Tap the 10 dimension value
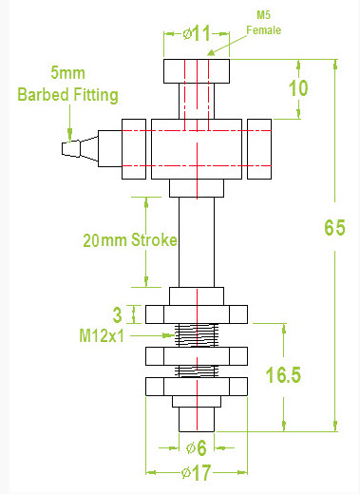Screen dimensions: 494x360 pyautogui.click(x=298, y=88)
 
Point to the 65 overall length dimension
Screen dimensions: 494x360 pyautogui.click(x=334, y=228)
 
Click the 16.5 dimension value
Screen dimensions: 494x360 pyautogui.click(x=283, y=375)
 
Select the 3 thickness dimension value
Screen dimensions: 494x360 pyautogui.click(x=117, y=314)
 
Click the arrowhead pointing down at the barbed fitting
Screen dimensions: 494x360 pyautogui.click(x=67, y=132)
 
